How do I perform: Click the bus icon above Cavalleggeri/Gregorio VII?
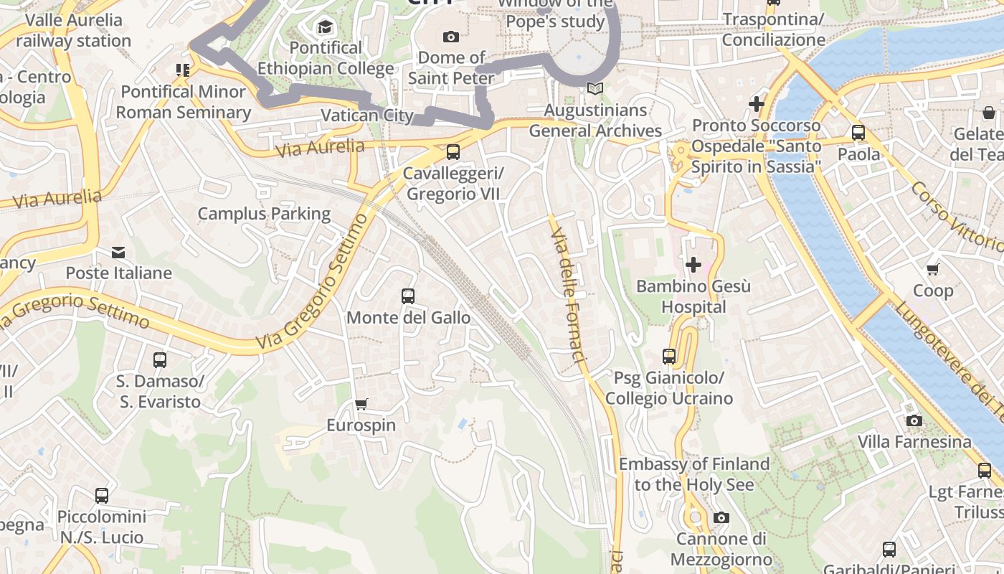tap(453, 152)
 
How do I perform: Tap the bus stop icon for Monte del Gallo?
tap(408, 296)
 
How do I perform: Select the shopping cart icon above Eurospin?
tap(361, 405)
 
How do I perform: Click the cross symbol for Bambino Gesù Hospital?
tap(693, 265)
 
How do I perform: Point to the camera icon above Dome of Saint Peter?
tap(451, 37)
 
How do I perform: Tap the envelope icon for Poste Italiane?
tap(118, 253)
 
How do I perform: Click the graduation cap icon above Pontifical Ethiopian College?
tap(326, 27)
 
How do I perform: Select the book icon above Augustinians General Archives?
tap(595, 89)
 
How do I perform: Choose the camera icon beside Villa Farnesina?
tap(914, 420)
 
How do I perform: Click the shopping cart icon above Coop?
tap(932, 270)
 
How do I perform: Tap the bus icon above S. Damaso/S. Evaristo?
tap(160, 360)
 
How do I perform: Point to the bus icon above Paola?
tap(858, 133)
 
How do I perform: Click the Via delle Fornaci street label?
tap(569, 294)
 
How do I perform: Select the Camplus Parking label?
tap(264, 214)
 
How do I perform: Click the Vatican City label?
tap(366, 116)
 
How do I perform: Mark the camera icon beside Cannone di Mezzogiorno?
tap(721, 518)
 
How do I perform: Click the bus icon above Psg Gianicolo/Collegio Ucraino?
tap(669, 356)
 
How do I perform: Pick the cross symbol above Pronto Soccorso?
tap(757, 104)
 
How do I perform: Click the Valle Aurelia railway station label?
tap(73, 30)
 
